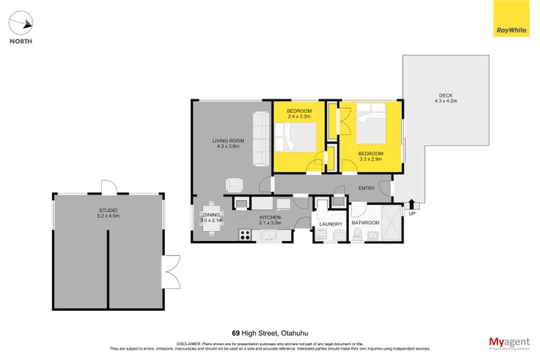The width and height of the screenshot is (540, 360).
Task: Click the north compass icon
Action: [x=21, y=25]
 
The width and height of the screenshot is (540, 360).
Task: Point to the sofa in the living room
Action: [x=261, y=139]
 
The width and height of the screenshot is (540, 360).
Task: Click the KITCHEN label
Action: [x=269, y=217]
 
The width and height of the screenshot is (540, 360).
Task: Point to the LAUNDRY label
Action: [x=331, y=224]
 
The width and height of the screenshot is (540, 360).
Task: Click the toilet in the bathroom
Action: [x=358, y=234]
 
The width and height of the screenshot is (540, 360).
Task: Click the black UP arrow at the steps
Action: [x=412, y=204]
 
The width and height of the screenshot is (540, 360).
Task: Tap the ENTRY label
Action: [x=367, y=188]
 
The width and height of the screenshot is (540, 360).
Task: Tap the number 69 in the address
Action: [x=236, y=333]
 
